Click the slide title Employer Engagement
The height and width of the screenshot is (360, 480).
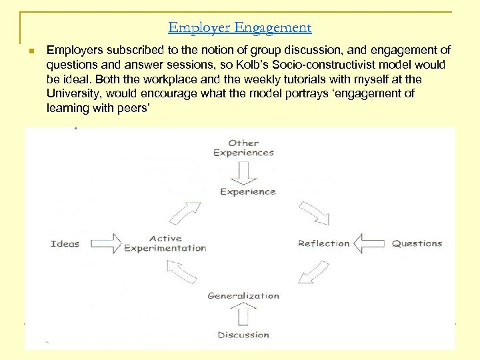click(239, 27)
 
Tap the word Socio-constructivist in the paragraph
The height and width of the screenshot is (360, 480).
click(323, 65)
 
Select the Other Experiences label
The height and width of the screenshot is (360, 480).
click(243, 147)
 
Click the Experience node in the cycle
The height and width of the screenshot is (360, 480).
click(247, 192)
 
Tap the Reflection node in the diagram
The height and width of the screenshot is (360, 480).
click(323, 243)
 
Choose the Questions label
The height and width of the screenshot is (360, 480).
click(417, 243)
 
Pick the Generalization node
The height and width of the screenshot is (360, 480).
click(243, 295)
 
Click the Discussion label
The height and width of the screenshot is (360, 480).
click(243, 335)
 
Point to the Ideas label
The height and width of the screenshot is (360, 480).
click(65, 243)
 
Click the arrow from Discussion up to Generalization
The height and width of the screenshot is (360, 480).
click(244, 314)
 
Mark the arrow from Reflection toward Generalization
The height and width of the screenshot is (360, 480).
click(313, 272)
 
